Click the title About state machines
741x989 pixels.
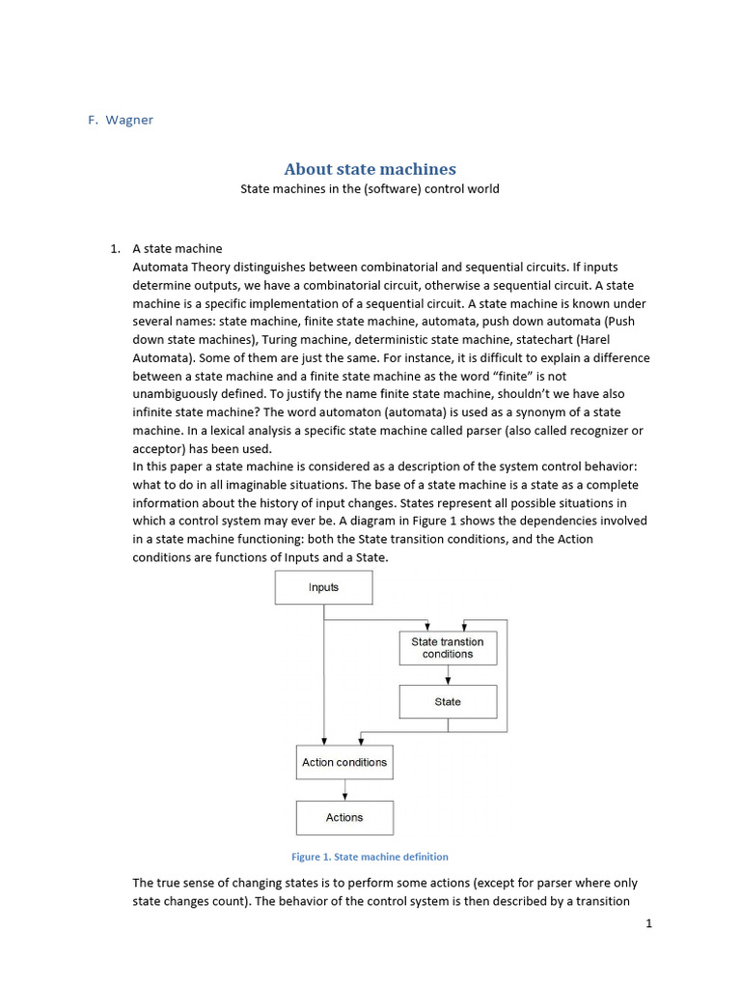(x=370, y=169)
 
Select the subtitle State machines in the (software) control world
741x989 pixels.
(x=370, y=189)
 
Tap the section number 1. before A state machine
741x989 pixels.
(x=117, y=249)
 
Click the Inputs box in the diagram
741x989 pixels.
(x=323, y=587)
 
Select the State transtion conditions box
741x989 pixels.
(x=448, y=648)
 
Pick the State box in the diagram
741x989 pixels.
(x=448, y=702)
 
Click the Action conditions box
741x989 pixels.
(x=343, y=762)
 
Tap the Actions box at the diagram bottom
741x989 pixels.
(x=343, y=817)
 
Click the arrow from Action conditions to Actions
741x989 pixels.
(x=343, y=789)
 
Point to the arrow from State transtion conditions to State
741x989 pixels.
(x=448, y=675)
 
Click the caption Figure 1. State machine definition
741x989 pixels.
(x=370, y=857)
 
